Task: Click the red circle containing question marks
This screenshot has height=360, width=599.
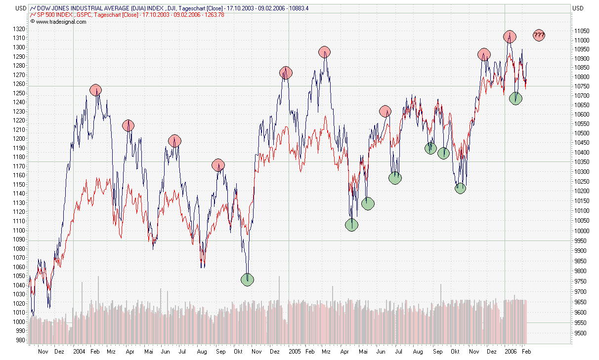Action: tap(539, 35)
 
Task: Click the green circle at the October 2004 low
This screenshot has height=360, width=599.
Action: tap(247, 280)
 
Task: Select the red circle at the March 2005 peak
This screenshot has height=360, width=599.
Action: tap(324, 51)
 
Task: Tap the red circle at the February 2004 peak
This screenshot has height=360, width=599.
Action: tap(96, 90)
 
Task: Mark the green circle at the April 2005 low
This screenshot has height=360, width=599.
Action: tap(351, 225)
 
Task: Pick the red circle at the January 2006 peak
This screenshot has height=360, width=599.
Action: tap(510, 36)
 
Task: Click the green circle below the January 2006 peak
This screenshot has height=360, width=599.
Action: tap(515, 98)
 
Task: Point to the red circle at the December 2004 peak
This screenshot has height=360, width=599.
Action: tap(286, 73)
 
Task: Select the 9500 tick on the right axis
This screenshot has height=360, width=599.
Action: tap(580, 333)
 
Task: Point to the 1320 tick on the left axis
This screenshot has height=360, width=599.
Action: tap(19, 29)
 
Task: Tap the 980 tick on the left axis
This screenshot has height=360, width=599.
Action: tap(21, 340)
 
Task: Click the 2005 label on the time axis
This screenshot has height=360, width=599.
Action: tap(295, 352)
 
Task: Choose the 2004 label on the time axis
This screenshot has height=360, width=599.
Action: tap(79, 352)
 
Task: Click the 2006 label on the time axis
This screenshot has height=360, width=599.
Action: tap(511, 352)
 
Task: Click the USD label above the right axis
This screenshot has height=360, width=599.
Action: tap(577, 8)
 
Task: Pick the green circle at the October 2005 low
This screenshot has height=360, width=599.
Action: tap(460, 188)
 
